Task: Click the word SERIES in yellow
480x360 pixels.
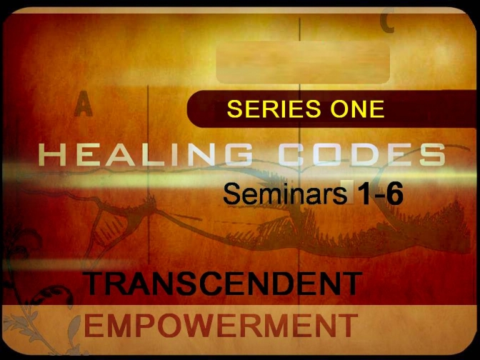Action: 274,109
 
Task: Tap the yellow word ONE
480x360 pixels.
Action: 357,109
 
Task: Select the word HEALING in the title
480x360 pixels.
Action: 146,154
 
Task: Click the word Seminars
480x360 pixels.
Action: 285,194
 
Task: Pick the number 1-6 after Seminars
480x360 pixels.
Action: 380,194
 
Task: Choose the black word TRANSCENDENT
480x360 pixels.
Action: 223,283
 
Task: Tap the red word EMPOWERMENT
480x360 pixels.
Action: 221,325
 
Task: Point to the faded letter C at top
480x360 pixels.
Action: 387,21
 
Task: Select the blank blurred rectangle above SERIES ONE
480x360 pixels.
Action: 303,62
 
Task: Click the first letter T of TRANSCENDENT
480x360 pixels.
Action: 97,283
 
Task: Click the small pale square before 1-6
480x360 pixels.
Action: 351,191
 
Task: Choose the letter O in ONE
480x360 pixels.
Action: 339,109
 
